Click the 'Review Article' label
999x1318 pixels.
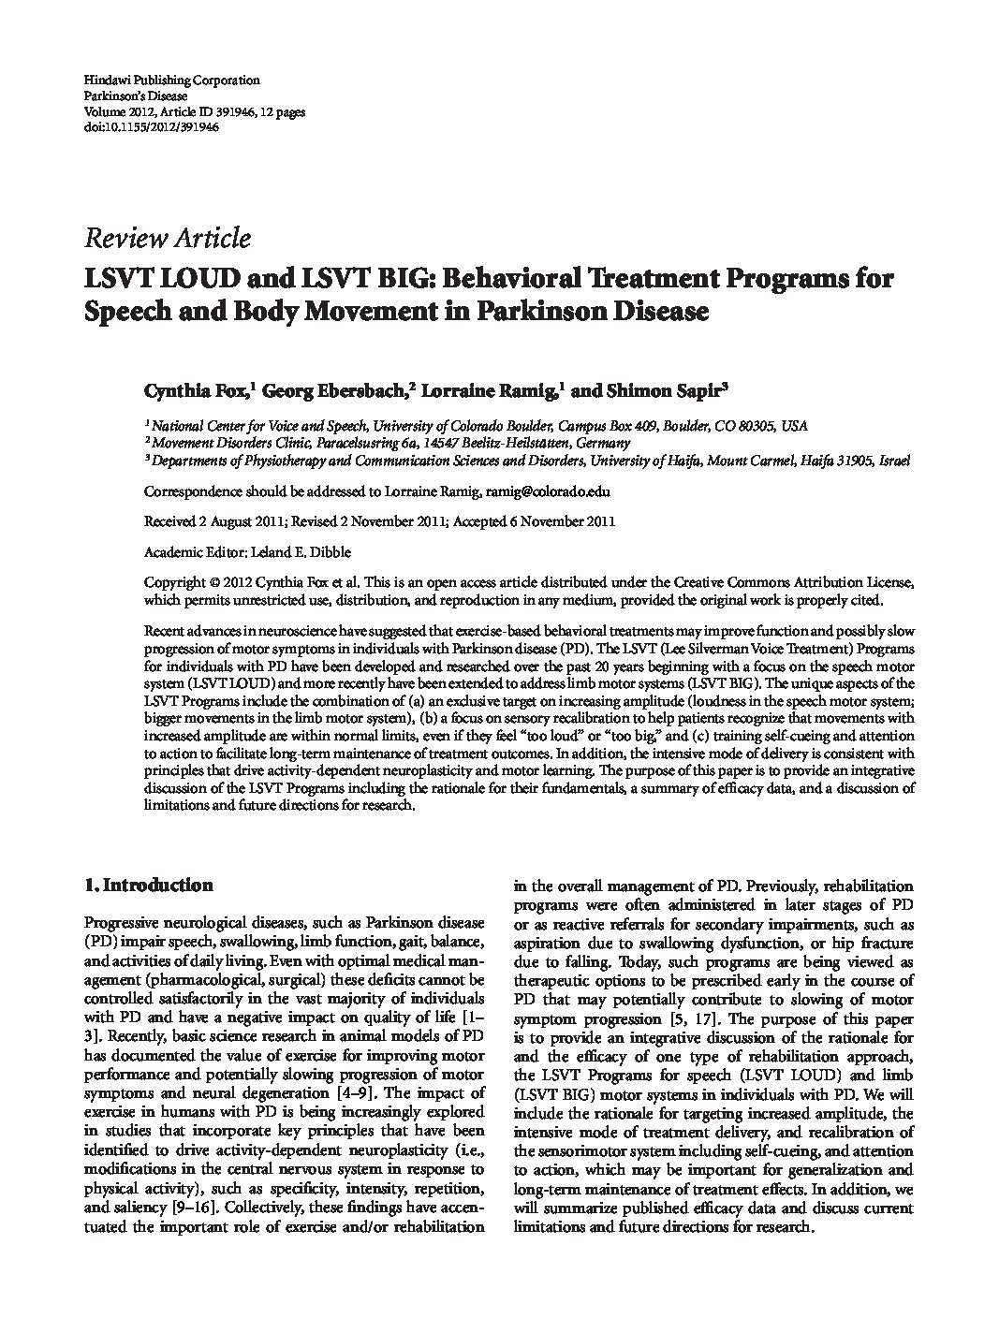click(x=168, y=238)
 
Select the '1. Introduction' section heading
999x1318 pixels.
click(x=148, y=885)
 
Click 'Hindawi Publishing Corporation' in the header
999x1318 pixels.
click(x=171, y=81)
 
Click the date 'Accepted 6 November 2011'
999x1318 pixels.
click(x=535, y=521)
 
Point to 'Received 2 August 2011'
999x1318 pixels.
click(x=214, y=521)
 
